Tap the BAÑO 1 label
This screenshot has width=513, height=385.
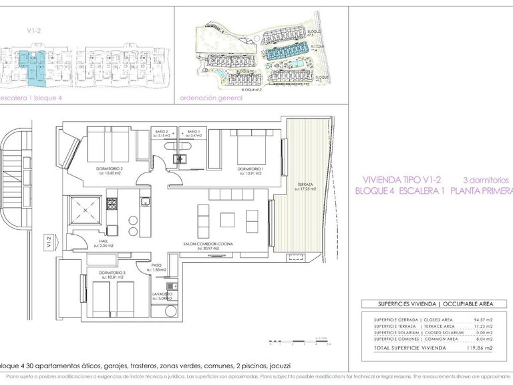(x=194, y=132)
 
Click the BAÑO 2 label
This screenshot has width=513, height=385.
(x=164, y=132)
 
